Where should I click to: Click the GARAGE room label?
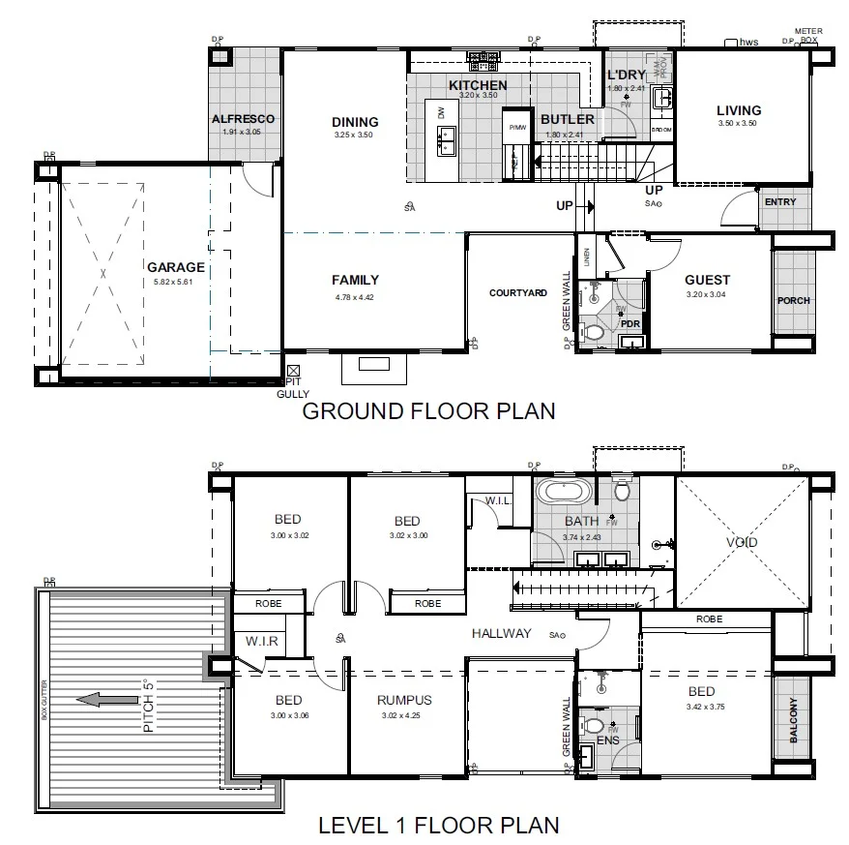pos(175,267)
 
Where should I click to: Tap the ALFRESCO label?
pos(243,119)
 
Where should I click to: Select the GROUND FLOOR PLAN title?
pos(428,411)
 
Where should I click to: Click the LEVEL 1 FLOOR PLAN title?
pos(439,826)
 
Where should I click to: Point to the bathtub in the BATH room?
pos(563,491)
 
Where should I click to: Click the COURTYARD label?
pos(517,292)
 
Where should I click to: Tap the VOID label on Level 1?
pos(742,542)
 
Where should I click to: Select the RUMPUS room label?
pos(405,700)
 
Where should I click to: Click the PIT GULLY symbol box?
pos(294,370)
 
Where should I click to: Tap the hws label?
pos(747,43)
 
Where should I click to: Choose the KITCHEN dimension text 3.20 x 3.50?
pos(478,96)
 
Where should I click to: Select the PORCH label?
pos(793,300)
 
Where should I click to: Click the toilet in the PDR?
pos(593,333)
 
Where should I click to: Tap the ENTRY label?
pos(779,202)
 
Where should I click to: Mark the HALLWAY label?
pos(501,633)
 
